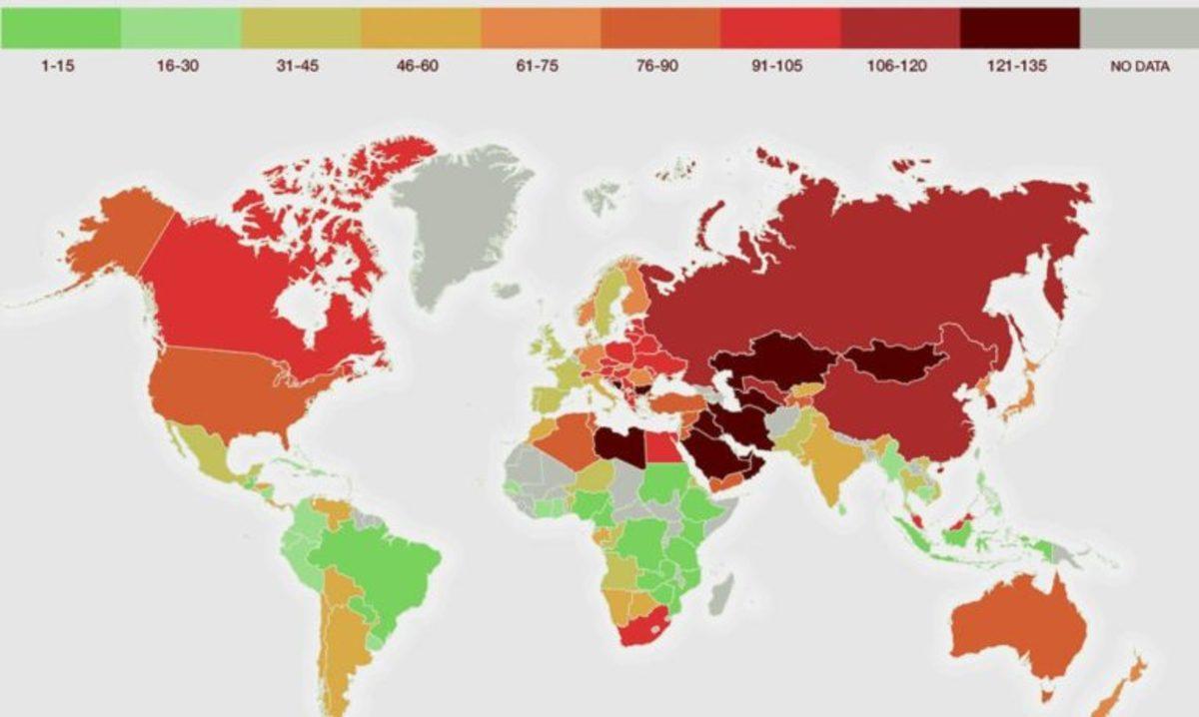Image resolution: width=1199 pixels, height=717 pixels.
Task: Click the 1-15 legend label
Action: [59, 67]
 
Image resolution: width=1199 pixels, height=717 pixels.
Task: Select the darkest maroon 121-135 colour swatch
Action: [1019, 28]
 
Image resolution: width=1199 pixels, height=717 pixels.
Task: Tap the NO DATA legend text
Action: [1139, 67]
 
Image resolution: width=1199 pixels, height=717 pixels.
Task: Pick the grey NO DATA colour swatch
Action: [1139, 28]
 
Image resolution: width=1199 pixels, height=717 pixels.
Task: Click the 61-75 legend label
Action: [540, 67]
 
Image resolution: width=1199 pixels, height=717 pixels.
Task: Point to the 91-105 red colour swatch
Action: [779, 28]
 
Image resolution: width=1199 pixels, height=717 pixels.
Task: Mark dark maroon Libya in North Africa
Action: [619, 444]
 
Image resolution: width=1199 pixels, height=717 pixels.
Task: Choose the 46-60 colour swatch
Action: [420, 28]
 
